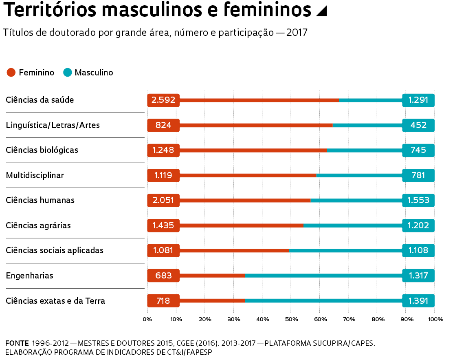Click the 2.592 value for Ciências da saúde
coord(163,100)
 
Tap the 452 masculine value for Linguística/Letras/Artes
coord(418,125)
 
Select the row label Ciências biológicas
coord(42,150)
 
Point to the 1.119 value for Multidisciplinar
coord(163,175)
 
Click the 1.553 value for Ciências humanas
coord(418,200)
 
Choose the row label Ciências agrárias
coord(38,225)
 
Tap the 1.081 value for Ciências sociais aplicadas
coord(163,250)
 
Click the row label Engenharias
coord(29,276)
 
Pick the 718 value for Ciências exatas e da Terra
coord(163,301)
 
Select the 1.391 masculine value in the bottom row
coord(418,301)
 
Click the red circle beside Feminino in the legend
coord(11,73)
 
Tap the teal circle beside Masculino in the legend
coord(68,73)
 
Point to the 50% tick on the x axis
coord(291,319)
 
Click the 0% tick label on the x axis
coord(147,319)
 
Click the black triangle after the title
coord(321,12)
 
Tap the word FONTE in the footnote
coord(17,343)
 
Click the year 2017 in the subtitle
coord(297,32)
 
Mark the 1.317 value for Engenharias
coord(418,276)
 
